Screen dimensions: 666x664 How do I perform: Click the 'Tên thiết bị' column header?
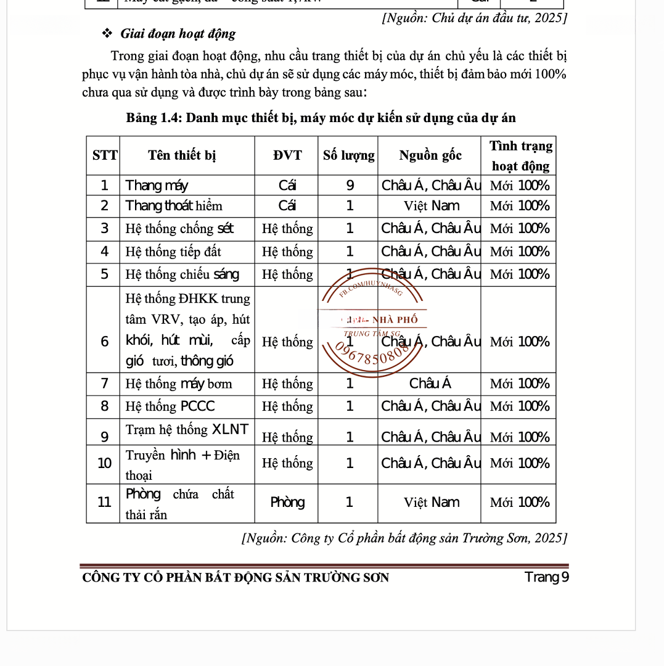coord(182,155)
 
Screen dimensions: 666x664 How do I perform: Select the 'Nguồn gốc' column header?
coord(430,155)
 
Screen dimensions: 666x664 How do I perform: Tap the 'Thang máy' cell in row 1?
coord(157,186)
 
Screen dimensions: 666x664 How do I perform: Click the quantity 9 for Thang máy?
coord(350,186)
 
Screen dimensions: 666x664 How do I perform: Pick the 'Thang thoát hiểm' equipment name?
coord(174,206)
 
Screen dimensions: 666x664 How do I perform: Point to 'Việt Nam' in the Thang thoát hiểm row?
coord(431,206)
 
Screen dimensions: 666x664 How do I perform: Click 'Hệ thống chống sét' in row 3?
coord(179,229)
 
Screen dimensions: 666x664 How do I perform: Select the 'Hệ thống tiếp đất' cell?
coord(173,252)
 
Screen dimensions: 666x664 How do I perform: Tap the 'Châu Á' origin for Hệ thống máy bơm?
coord(430,384)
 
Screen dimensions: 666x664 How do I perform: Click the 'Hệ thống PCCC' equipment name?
coord(170,406)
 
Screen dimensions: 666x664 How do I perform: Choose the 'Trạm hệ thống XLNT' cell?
coord(187,429)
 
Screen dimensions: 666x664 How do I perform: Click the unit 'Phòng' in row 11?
coord(287,503)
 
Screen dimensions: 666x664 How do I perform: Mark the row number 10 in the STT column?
coord(105,463)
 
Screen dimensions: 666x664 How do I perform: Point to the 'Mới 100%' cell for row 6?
coord(519,342)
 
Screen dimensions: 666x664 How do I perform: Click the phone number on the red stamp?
coord(374,355)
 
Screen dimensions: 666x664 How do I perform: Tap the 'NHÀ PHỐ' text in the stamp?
coord(395,319)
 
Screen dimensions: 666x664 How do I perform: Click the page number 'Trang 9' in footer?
coord(546,577)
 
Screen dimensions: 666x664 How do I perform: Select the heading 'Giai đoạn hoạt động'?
coord(178,33)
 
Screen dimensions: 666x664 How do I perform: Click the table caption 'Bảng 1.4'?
coord(153,118)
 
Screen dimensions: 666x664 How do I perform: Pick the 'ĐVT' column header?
coord(287,155)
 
